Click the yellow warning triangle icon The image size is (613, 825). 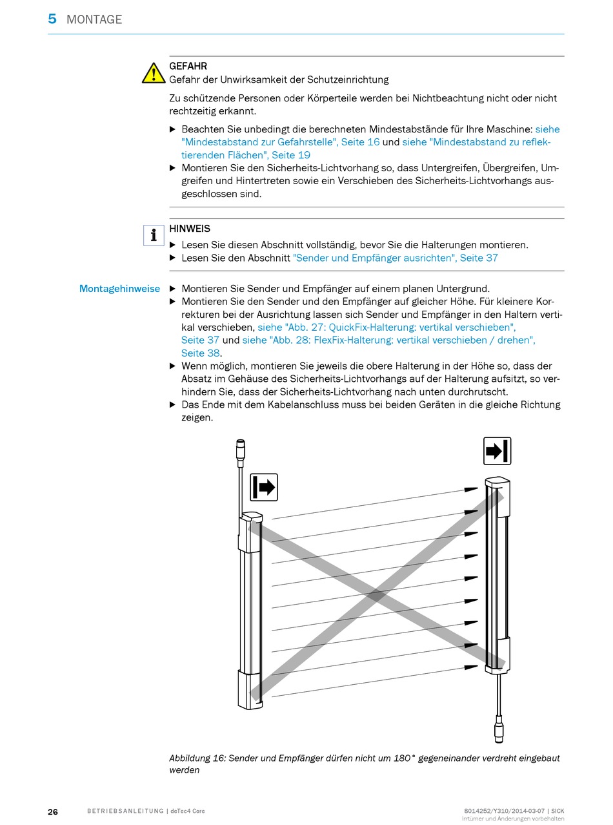pos(154,73)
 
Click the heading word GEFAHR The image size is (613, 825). pos(188,66)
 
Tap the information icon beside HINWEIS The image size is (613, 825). pos(154,235)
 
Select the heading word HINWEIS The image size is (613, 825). pos(190,229)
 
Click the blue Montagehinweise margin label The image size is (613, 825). pos(119,289)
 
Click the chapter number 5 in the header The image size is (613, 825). pos(52,19)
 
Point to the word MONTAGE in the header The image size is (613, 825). pos(94,20)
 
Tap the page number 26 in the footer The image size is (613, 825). pos(53,811)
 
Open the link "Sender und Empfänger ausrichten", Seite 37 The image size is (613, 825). pos(396,258)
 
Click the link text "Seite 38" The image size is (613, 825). pos(201,353)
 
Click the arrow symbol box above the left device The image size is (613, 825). pos(264,487)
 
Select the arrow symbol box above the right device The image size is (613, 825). pos(497,451)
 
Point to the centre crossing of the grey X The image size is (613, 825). pos(376,596)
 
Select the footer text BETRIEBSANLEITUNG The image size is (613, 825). pos(125,811)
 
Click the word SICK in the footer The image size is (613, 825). pos(556,811)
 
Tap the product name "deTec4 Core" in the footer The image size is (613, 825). pos(188,811)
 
